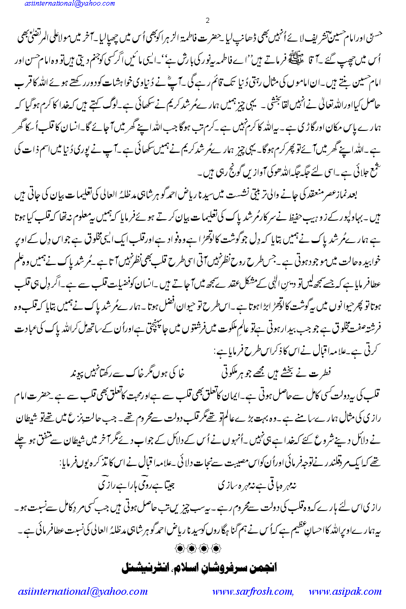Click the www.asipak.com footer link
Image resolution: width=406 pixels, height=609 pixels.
tap(345, 591)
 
